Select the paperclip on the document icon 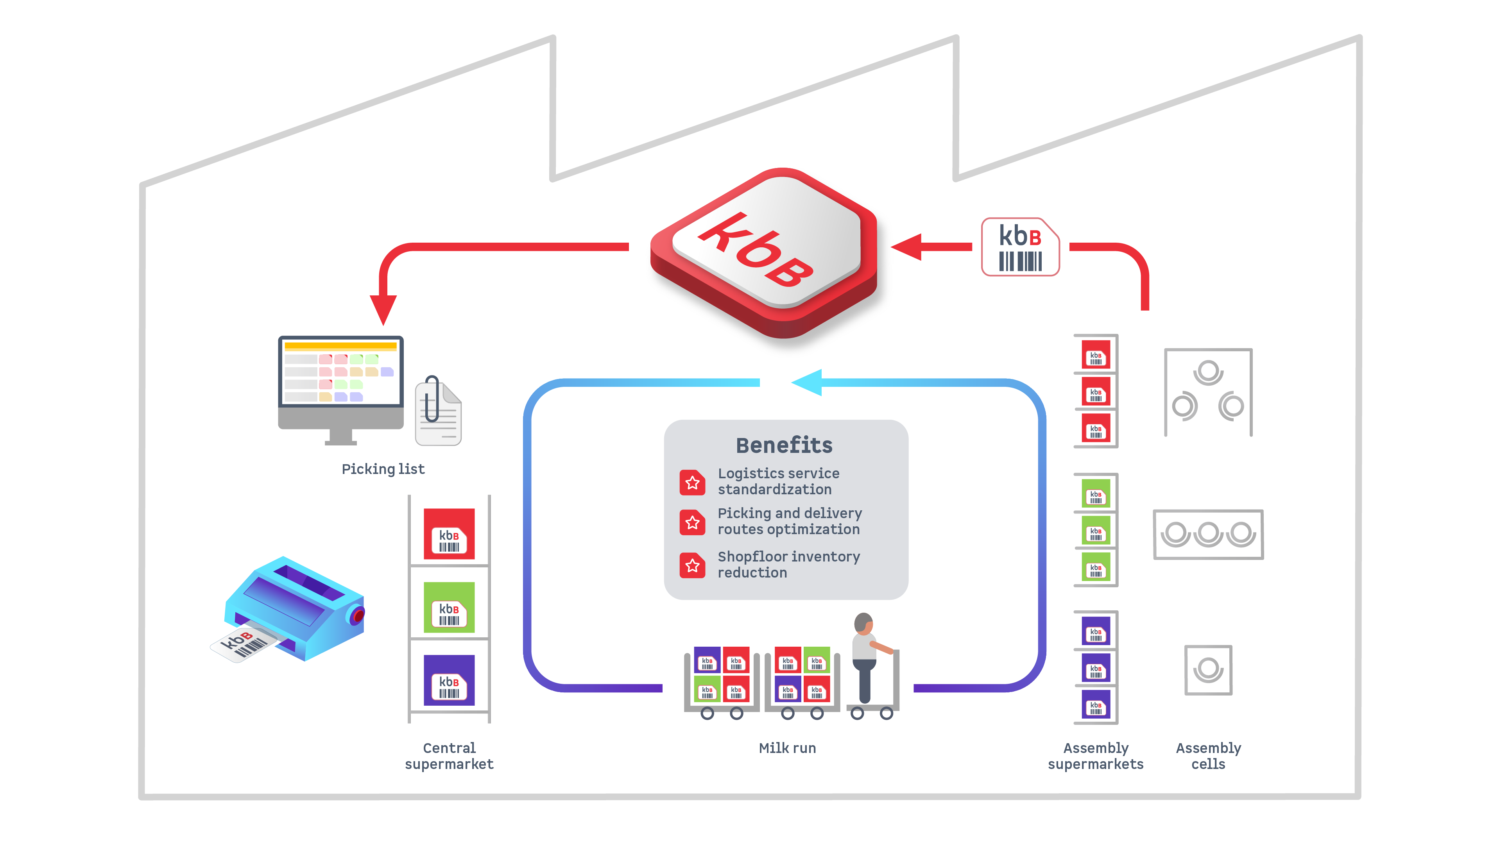click(x=431, y=399)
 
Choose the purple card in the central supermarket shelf click(x=449, y=680)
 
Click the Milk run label click(x=787, y=748)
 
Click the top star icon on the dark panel click(x=692, y=482)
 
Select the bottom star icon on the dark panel click(x=692, y=565)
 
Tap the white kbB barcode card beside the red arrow click(x=1020, y=247)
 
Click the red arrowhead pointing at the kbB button click(x=908, y=247)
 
